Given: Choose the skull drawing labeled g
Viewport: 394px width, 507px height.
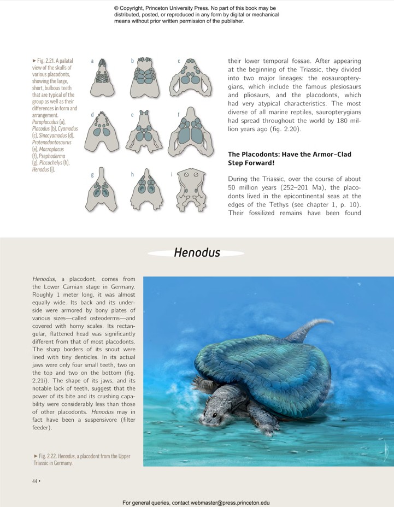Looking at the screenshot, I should [102, 191].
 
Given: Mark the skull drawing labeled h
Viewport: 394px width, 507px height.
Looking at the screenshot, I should [145, 191].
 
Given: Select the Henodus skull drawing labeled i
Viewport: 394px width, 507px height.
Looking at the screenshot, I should [191, 191].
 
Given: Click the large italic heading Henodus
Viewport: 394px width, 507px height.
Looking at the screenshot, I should [197, 252].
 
